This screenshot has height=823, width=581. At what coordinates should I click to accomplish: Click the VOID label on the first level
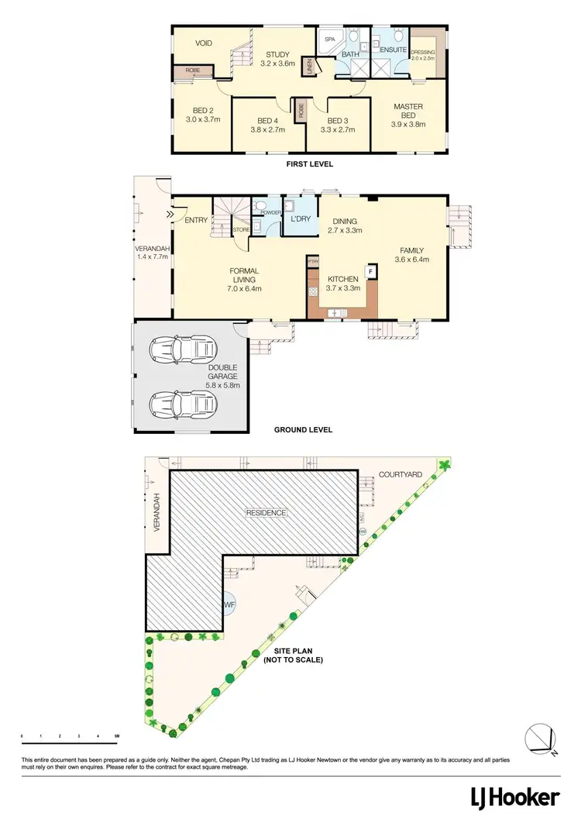coord(204,43)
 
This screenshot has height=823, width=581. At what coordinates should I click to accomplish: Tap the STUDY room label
coord(278,54)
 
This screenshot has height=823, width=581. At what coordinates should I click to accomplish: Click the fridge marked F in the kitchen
coord(370,272)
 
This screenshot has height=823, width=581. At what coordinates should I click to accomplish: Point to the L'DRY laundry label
coord(300,219)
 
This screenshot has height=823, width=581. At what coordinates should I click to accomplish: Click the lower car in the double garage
coord(184,403)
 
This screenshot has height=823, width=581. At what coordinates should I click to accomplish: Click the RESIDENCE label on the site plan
coord(266,513)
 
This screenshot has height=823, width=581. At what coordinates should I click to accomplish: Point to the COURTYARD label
coord(400,473)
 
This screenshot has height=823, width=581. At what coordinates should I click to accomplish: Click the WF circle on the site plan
coord(229,603)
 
